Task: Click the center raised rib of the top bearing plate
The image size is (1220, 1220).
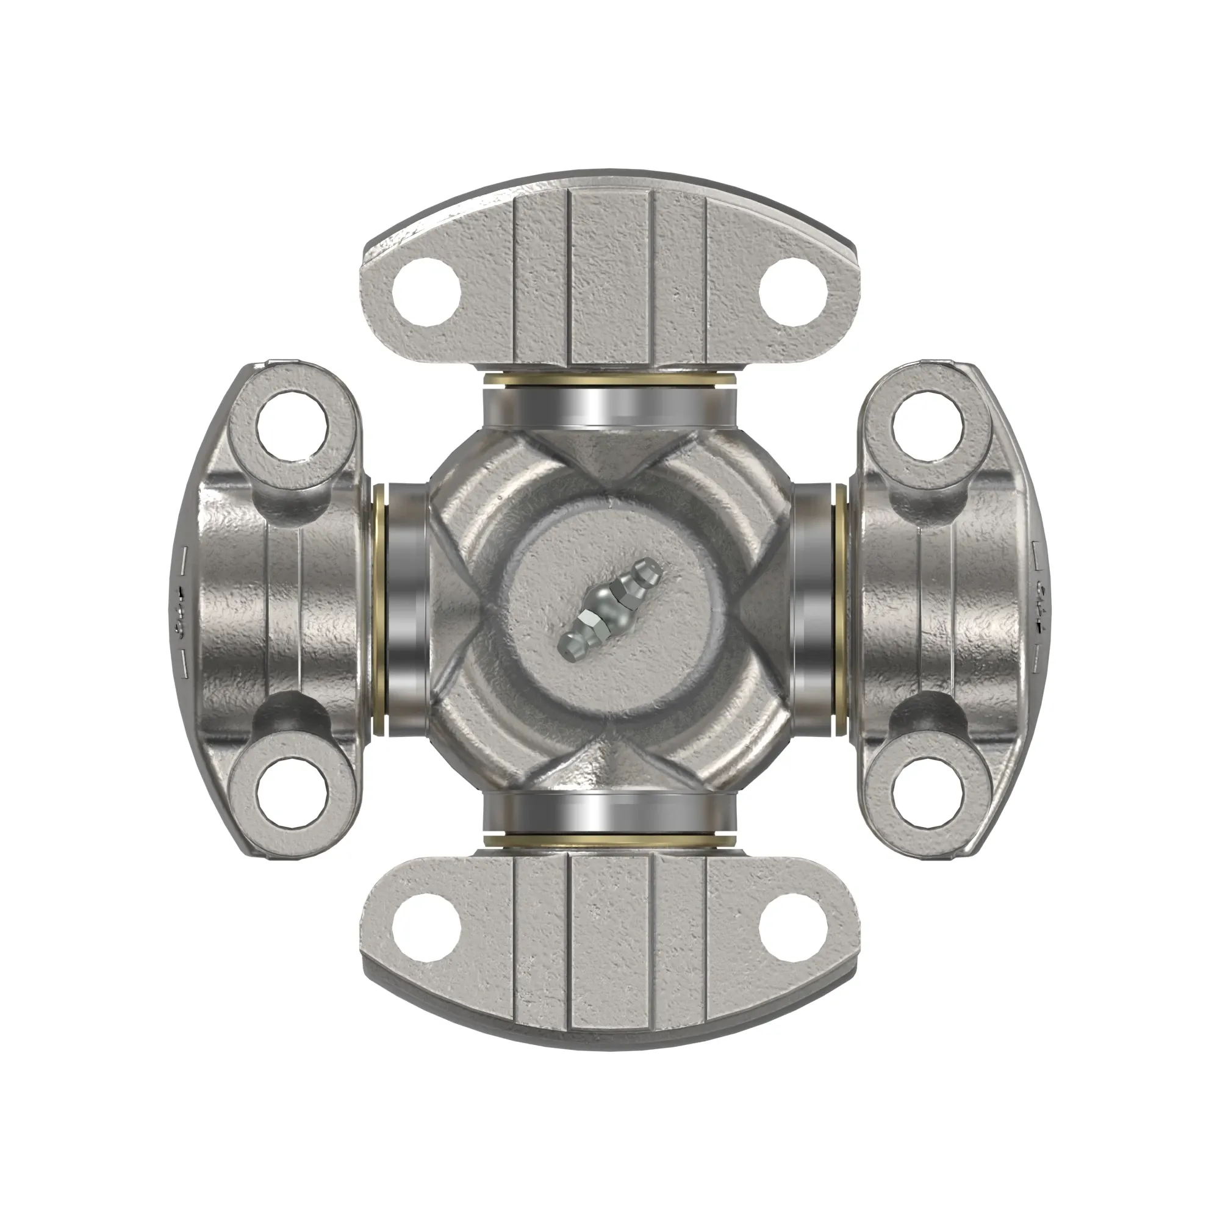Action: click(x=610, y=278)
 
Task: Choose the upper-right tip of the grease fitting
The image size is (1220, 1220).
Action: click(x=650, y=570)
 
